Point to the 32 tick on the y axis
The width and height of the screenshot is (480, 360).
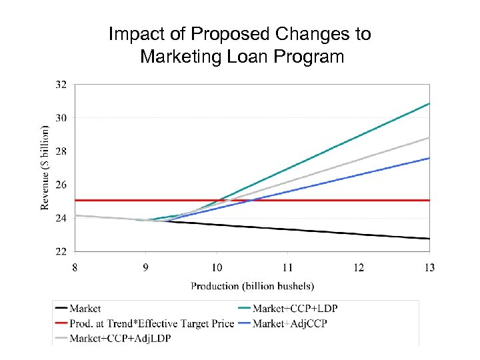(x=61, y=85)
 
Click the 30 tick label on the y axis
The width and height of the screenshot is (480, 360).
(x=61, y=118)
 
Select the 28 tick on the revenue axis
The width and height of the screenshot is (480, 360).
(x=61, y=151)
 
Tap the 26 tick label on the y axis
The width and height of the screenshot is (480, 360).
(x=61, y=185)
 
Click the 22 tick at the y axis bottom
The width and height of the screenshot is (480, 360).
(x=61, y=251)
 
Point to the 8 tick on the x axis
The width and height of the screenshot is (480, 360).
(x=75, y=267)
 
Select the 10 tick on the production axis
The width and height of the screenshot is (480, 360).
(x=217, y=267)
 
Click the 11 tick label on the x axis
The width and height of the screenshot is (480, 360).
(x=287, y=267)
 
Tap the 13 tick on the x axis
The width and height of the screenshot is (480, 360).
(x=429, y=267)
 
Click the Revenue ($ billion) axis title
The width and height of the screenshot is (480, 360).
(x=45, y=167)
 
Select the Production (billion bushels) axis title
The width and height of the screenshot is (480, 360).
(x=253, y=286)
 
